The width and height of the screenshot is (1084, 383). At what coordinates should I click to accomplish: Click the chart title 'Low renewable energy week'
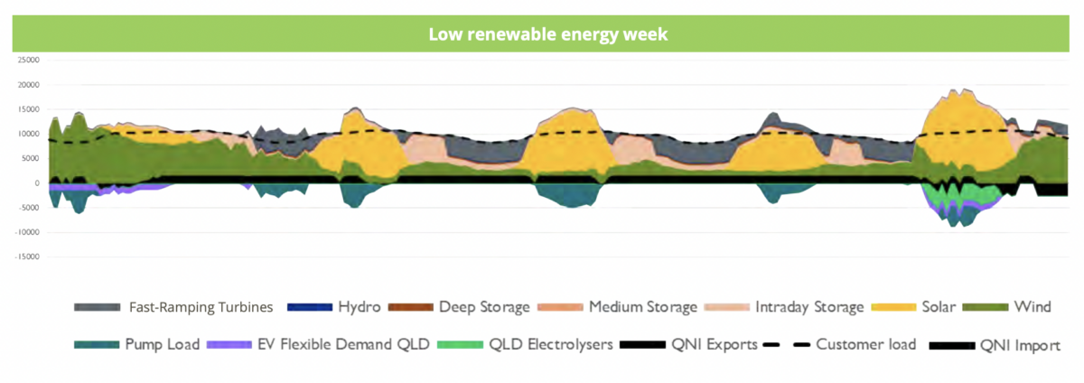click(547, 34)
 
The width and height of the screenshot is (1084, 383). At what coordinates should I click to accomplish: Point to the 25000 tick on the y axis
click(29, 60)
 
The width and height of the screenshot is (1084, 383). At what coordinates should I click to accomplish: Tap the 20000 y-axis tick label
click(29, 85)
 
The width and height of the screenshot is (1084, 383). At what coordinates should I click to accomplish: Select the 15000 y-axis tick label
click(29, 109)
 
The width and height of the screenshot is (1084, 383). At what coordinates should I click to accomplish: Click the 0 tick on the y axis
click(37, 183)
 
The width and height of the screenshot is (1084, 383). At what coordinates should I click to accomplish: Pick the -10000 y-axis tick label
click(27, 232)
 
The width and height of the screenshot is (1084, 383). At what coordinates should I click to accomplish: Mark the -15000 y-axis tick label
click(27, 257)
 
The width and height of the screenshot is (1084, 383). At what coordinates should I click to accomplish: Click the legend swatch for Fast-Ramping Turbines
click(97, 307)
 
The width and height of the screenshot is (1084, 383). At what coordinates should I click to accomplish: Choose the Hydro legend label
click(360, 307)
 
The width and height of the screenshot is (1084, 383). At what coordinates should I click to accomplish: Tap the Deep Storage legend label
click(484, 307)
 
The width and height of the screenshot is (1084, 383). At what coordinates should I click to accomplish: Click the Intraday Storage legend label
click(809, 307)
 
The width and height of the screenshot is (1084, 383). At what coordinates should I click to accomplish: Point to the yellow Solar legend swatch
click(893, 307)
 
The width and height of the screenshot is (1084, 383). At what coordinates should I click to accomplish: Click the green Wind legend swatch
click(986, 307)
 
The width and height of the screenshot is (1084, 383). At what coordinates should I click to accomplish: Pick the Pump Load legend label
click(162, 344)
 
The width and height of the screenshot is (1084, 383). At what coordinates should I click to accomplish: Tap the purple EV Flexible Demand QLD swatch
click(229, 345)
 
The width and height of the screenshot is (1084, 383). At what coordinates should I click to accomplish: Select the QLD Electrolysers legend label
click(551, 345)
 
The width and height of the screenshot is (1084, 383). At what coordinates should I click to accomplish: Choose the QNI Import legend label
click(1020, 346)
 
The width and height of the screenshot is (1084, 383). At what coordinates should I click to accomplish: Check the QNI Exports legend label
click(715, 345)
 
